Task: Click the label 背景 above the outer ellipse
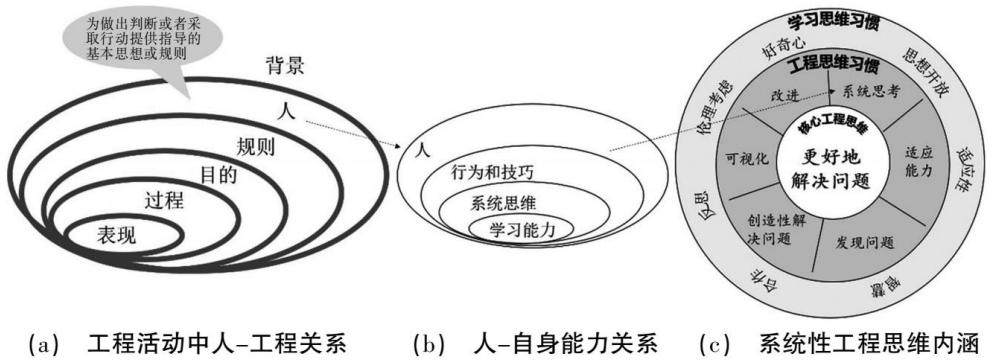tap(285, 66)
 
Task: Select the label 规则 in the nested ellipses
tap(255, 147)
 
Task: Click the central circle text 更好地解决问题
tap(828, 170)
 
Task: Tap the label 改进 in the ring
tap(784, 96)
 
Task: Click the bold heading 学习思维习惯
tap(835, 24)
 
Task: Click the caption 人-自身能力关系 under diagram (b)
tap(566, 344)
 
